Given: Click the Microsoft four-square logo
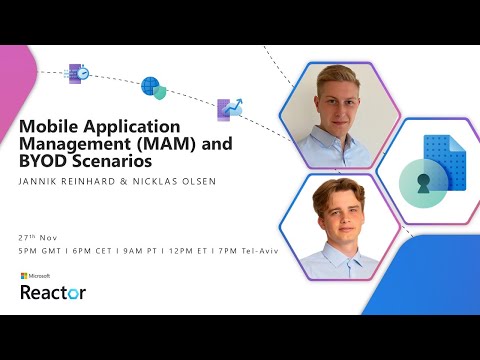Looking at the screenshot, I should pos(24,275).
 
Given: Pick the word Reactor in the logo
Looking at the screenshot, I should pos(53,292).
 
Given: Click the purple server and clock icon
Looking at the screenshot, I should pos(78,73).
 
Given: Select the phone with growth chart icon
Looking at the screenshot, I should pos(230,108).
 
